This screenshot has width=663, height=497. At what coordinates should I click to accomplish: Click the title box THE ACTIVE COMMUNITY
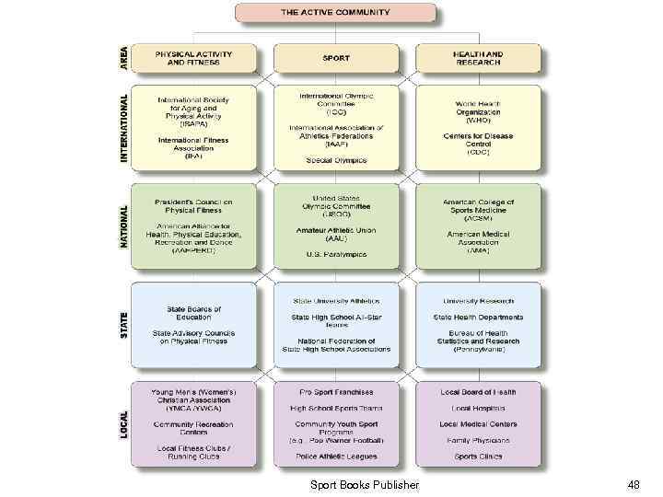click(x=335, y=14)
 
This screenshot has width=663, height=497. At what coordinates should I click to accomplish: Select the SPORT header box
click(x=336, y=58)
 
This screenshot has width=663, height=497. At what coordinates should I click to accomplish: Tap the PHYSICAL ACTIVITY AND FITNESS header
click(x=193, y=58)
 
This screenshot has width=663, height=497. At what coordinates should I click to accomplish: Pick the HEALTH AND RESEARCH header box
click(x=478, y=58)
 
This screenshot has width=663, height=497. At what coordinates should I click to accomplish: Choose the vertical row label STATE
click(x=124, y=323)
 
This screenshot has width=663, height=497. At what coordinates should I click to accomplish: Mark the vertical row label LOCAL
click(x=124, y=422)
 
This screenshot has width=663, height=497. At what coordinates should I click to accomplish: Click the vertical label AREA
click(x=124, y=58)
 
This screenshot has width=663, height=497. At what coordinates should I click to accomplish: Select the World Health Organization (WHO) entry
click(x=478, y=111)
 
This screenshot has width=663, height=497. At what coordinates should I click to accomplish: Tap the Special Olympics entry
click(x=336, y=160)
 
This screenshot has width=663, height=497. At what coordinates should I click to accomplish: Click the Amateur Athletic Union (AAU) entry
click(x=336, y=234)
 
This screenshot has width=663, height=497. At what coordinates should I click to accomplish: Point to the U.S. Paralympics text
click(x=336, y=254)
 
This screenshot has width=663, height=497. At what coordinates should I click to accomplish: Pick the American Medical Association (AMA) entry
click(x=478, y=242)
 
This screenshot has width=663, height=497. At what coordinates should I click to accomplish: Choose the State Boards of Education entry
click(x=193, y=313)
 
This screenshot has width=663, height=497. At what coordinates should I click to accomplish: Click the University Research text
click(x=478, y=301)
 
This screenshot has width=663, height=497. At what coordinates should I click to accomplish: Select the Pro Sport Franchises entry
click(x=336, y=392)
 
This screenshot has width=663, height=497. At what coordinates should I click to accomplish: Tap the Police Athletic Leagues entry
click(x=336, y=456)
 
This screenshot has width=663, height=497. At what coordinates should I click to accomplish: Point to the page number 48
click(x=633, y=484)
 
